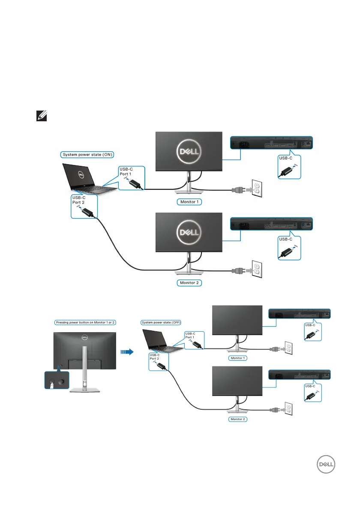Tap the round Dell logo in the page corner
pyautogui.click(x=325, y=465)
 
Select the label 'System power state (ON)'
pyautogui.click(x=88, y=154)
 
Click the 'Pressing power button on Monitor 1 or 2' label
pyautogui.click(x=85, y=322)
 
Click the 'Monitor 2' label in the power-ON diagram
pyautogui.click(x=189, y=282)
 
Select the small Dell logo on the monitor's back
pyautogui.click(x=84, y=337)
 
